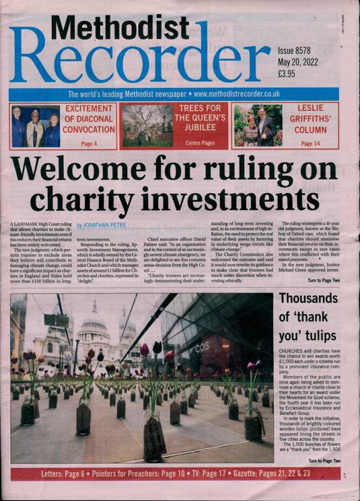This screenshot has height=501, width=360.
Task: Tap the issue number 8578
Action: (307, 50)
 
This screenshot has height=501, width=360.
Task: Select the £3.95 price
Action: (288, 73)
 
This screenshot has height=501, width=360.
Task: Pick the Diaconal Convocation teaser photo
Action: (36, 126)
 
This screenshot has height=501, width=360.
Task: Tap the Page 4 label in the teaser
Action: (89, 143)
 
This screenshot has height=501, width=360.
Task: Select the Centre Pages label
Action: (199, 143)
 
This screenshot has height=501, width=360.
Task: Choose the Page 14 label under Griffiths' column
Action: (310, 143)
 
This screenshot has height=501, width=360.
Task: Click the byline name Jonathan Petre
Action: (103, 226)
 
